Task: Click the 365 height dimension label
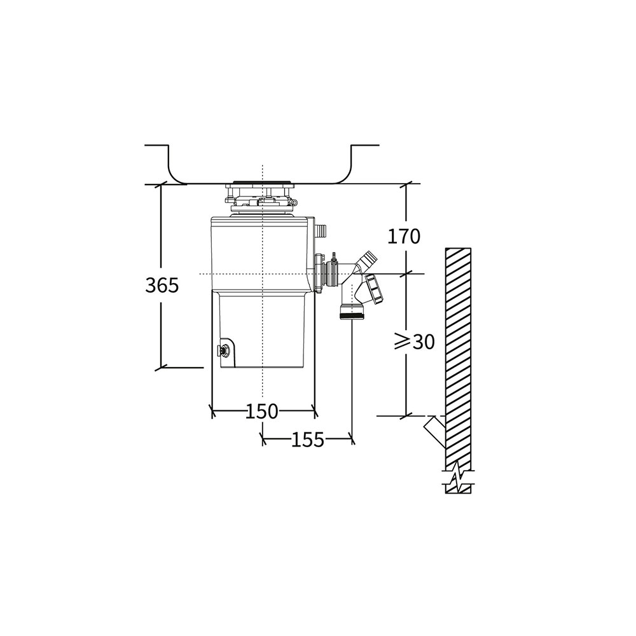[x=162, y=286]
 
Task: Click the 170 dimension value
[x=404, y=237]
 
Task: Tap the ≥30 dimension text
[x=414, y=342]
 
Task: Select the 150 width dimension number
[x=263, y=411]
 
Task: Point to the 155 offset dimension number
[x=308, y=439]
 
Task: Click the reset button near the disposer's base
[x=223, y=350]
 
